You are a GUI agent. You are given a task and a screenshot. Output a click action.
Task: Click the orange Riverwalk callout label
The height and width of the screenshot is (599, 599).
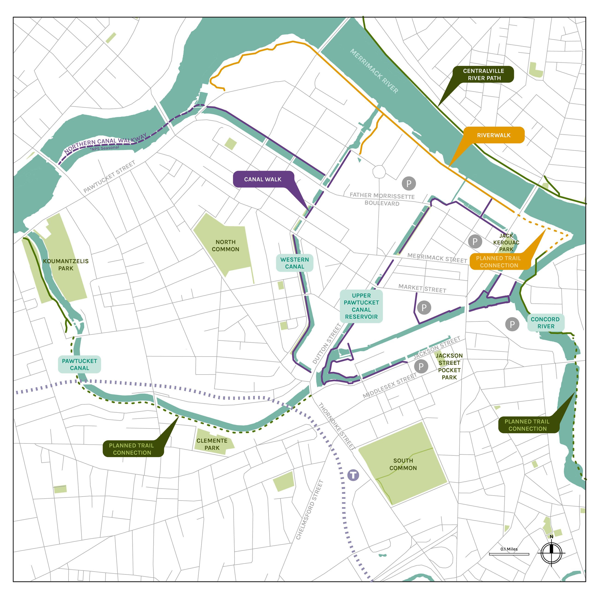pyautogui.click(x=493, y=135)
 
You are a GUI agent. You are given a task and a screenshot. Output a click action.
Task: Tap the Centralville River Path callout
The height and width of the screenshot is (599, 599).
pyautogui.click(x=483, y=74)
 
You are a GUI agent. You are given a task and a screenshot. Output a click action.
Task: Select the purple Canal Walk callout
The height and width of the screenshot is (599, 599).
pyautogui.click(x=263, y=179)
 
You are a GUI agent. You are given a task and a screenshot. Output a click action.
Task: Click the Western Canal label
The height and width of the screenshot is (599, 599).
pyautogui.click(x=294, y=263)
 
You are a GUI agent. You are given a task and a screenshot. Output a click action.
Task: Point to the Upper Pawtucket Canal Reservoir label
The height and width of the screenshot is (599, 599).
pyautogui.click(x=361, y=306)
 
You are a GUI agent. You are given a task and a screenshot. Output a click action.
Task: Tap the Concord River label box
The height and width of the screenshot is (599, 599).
pyautogui.click(x=546, y=323)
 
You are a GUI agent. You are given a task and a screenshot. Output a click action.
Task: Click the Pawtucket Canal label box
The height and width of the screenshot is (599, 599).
pyautogui.click(x=79, y=364)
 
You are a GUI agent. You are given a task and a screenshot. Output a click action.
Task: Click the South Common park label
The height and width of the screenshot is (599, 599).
pyautogui.click(x=403, y=464)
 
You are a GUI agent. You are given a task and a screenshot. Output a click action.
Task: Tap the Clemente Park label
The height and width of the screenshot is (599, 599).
pyautogui.click(x=212, y=444)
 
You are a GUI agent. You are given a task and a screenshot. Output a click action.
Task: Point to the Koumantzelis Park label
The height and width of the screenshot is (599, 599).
pyautogui.click(x=66, y=265)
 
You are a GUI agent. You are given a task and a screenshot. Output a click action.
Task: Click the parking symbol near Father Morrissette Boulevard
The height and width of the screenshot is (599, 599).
pyautogui.click(x=409, y=184)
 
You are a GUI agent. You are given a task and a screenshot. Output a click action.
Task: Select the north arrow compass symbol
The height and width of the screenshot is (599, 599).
pyautogui.click(x=551, y=553)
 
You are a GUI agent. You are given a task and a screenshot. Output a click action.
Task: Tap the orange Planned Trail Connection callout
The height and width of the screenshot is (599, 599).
pyautogui.click(x=499, y=262)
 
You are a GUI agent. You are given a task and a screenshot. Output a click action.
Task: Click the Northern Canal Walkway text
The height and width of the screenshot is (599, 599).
pyautogui.click(x=106, y=144)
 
